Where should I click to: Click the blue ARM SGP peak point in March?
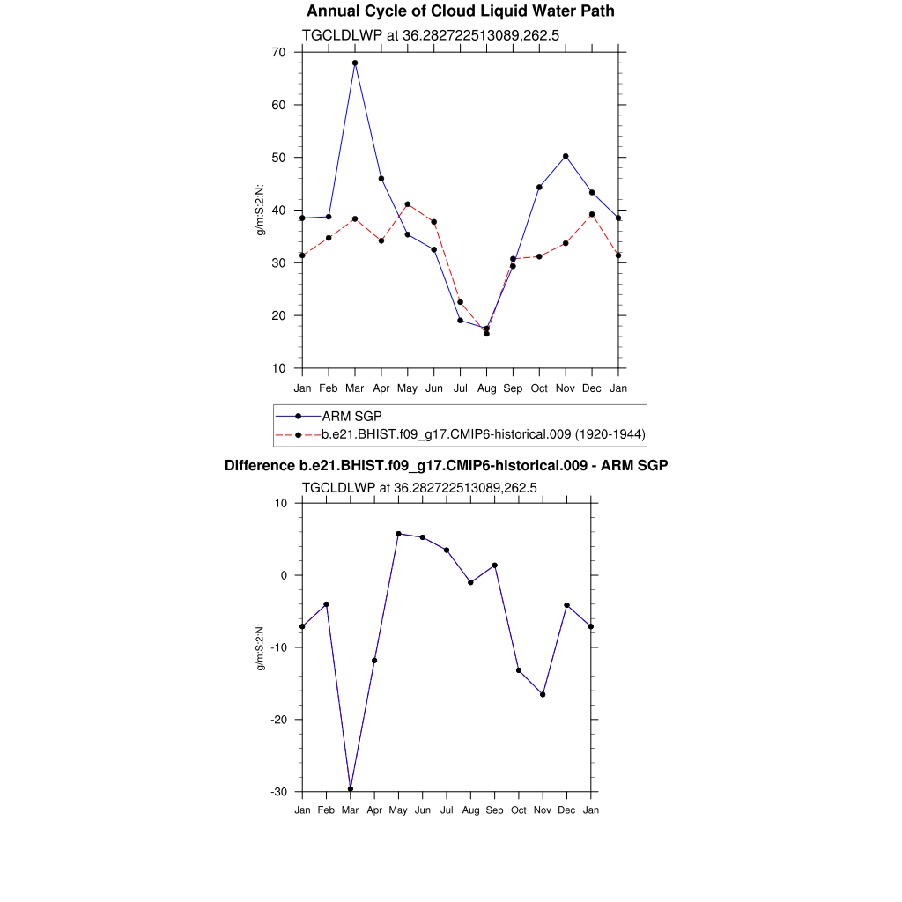(x=355, y=63)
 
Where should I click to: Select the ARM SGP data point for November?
(x=566, y=156)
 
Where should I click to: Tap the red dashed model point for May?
(x=408, y=204)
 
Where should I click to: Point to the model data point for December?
(x=592, y=214)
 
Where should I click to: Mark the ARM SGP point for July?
(x=460, y=320)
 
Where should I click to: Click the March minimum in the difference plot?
(x=351, y=788)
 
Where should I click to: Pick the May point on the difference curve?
(x=398, y=534)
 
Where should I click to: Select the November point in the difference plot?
(x=543, y=694)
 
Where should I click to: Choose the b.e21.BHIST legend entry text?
(x=483, y=434)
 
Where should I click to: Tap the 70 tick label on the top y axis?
(x=278, y=53)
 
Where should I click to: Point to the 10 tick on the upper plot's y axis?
(x=278, y=368)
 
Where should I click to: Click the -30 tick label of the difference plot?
(x=278, y=792)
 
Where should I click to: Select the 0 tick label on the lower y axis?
(x=284, y=576)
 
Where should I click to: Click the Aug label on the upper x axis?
(x=486, y=388)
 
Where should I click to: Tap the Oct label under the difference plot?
(x=519, y=810)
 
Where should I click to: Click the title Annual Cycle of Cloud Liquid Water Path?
(x=461, y=11)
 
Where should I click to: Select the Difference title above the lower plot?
(x=446, y=465)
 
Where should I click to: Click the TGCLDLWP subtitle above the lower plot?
(x=419, y=487)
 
